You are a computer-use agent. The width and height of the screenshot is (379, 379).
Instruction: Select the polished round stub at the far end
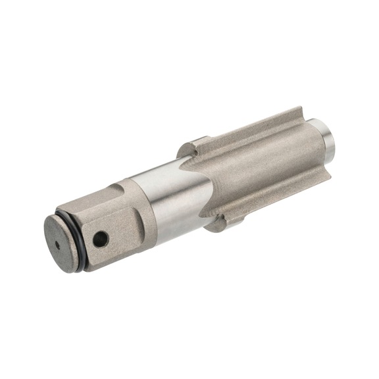point(327,135)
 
